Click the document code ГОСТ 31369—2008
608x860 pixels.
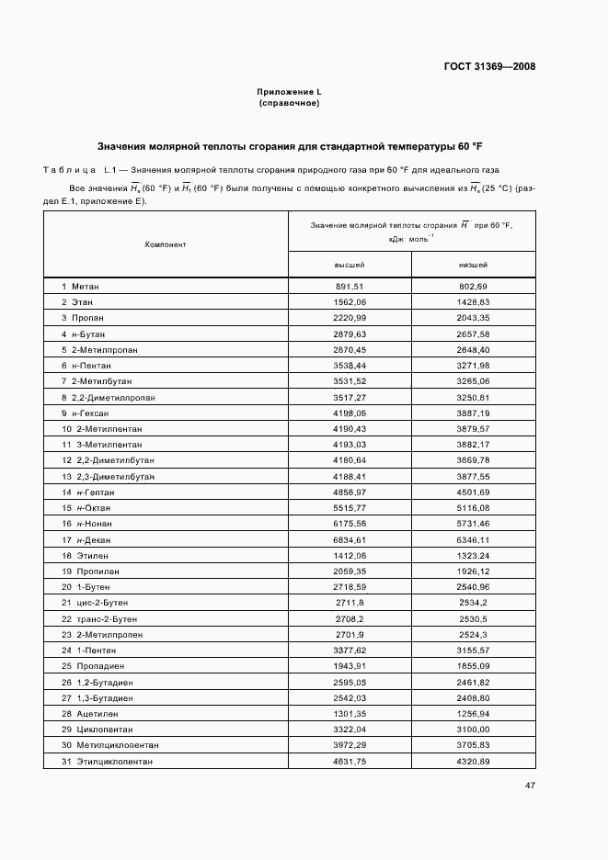coord(489,66)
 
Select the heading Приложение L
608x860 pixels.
coord(289,93)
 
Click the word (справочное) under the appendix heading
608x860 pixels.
coord(289,103)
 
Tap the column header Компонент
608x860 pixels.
coord(166,244)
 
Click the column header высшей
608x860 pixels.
coord(350,265)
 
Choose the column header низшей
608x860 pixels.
coord(473,265)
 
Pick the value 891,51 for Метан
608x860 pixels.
coord(350,288)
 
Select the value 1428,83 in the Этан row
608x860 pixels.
coord(473,301)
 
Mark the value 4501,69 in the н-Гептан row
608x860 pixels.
coord(473,492)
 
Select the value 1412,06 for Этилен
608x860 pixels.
coord(350,555)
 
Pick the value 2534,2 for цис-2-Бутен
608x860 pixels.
coord(473,603)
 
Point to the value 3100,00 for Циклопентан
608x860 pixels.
coord(473,729)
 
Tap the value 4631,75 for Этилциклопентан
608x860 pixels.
coord(350,762)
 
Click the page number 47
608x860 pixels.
coord(530,786)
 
